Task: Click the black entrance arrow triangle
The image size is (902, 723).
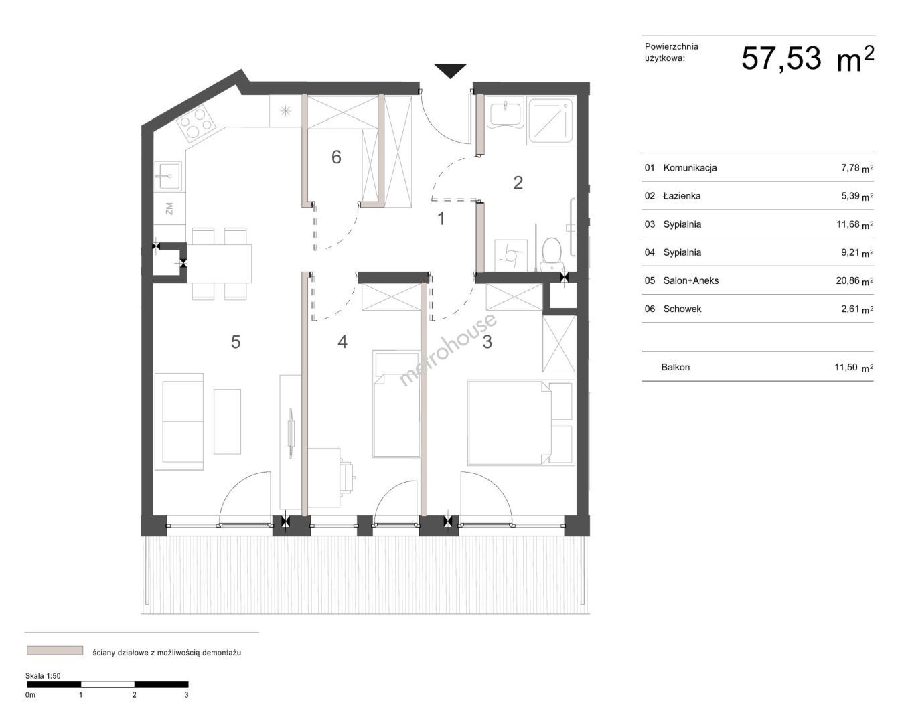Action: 450,70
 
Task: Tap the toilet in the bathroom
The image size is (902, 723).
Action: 552,254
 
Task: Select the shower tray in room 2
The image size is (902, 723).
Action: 550,120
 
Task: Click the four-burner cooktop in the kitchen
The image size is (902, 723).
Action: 196,122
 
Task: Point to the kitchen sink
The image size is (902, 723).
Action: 169,177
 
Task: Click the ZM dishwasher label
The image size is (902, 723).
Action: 169,208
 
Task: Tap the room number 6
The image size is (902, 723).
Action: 336,157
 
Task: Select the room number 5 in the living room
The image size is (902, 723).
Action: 236,342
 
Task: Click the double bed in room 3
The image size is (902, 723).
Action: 520,422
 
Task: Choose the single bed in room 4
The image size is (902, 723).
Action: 396,404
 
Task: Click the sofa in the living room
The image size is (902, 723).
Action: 179,421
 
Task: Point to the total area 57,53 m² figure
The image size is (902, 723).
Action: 808,59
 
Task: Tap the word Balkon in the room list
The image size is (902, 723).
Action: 675,367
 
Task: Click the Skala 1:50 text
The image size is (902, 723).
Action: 43,676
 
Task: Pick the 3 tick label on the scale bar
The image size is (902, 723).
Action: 186,695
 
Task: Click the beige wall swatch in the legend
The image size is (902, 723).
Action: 55,651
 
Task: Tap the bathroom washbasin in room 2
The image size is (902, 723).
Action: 506,112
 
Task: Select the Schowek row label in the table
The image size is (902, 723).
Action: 682,309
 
